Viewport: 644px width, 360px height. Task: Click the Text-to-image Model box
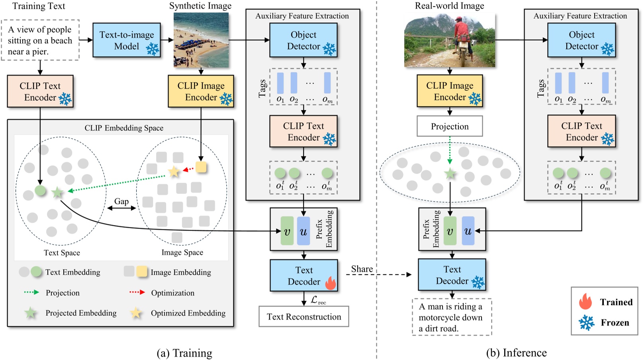(x=126, y=40)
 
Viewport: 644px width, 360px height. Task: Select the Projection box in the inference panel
(x=450, y=126)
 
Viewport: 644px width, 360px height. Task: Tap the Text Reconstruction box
(x=303, y=317)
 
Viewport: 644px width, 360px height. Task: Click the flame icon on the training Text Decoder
(x=331, y=283)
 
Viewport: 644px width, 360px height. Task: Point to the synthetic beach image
(x=201, y=40)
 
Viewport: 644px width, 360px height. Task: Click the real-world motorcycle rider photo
(x=450, y=40)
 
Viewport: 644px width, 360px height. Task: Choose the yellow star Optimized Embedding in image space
(x=174, y=172)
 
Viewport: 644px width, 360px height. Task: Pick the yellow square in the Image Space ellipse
(x=201, y=167)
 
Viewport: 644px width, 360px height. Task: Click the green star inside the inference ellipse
(x=450, y=174)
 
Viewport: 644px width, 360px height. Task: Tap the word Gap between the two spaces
(x=121, y=202)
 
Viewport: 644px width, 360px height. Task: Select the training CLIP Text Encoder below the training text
(x=40, y=92)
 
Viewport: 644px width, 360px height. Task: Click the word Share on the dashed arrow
(x=362, y=269)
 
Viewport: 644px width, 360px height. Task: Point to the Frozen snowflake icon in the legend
(x=587, y=323)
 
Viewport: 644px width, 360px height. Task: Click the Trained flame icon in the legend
(x=585, y=302)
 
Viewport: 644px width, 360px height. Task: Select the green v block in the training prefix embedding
(x=287, y=231)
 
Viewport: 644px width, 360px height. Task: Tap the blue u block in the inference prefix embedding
(x=468, y=231)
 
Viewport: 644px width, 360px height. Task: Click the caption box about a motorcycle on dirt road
(x=452, y=317)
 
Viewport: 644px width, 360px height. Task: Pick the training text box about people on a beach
(x=40, y=40)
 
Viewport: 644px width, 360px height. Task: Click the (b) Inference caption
(x=516, y=353)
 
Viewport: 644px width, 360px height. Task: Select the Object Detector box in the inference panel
(x=581, y=40)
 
